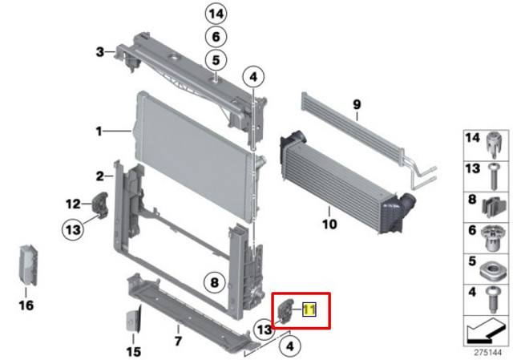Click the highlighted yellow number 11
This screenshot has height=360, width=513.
point(309,309)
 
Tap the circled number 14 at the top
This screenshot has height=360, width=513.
point(216,14)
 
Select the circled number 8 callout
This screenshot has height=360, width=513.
point(214,282)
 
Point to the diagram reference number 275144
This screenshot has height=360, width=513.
point(488,353)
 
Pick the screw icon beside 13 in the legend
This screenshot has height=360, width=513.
point(494,176)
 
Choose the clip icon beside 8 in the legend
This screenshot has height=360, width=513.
point(495,208)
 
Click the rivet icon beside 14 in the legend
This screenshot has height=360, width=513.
point(494,146)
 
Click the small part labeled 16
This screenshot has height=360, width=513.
point(28,265)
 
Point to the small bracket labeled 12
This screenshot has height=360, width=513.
point(101,204)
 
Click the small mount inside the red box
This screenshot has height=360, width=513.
point(285,309)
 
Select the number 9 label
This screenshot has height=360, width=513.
point(357,105)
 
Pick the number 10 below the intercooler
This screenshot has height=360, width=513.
point(329,224)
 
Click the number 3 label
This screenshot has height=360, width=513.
point(99,51)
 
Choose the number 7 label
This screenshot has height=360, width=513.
point(178,341)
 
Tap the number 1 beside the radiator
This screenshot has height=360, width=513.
point(99,131)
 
